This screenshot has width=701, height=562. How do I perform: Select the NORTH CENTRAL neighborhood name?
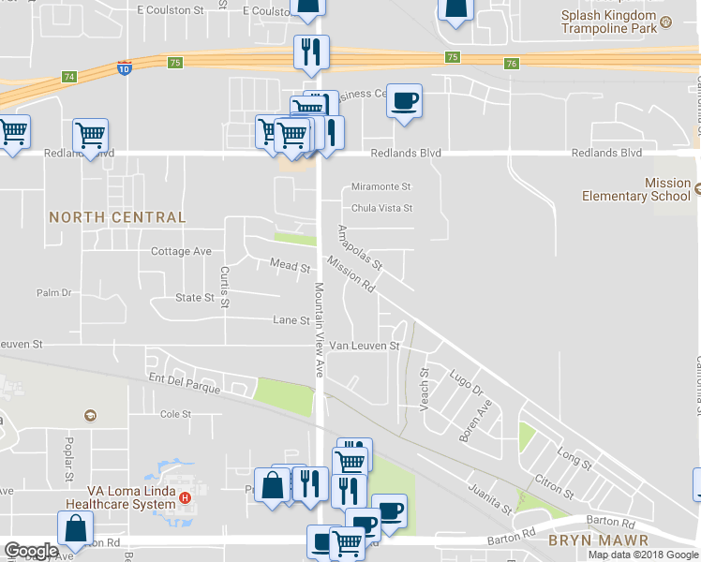117,217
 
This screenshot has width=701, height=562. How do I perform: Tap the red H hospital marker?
186,497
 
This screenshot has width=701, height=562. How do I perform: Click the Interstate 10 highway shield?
125,68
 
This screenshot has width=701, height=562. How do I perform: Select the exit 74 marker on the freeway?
69,76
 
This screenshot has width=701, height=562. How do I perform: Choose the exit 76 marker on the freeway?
510,64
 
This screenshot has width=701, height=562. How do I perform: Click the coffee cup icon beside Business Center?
404,100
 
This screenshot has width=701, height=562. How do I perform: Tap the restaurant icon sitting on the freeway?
311,53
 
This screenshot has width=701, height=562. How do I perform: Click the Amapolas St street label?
360,247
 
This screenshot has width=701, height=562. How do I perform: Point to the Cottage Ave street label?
181,251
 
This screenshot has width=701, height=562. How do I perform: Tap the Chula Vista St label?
381,208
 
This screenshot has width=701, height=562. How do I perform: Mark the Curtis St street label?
225,287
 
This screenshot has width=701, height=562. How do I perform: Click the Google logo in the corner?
31,551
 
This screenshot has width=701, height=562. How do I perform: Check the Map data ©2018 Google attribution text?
643,555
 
